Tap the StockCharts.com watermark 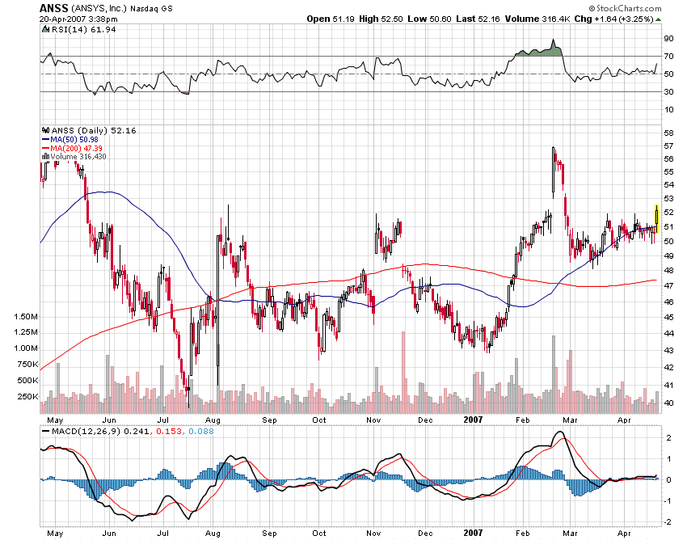[626, 7]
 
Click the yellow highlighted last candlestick [656, 220]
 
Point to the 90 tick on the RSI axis [668, 39]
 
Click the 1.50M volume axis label [25, 316]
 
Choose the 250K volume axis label [27, 396]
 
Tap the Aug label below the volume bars [213, 420]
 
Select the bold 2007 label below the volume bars [474, 420]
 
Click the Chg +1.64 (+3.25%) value [618, 18]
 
